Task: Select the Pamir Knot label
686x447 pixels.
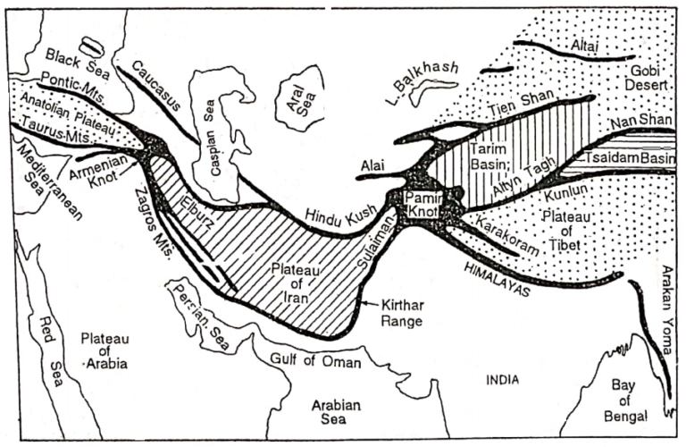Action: click(418, 204)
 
